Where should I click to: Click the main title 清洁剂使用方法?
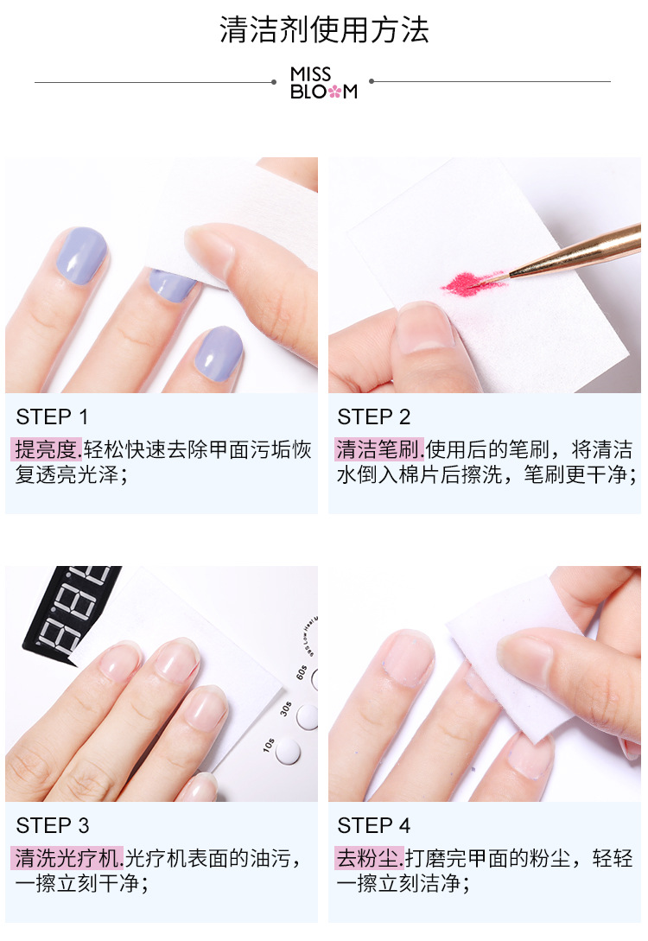(324, 30)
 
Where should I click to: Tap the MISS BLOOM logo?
(324, 83)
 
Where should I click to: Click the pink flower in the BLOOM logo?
(334, 92)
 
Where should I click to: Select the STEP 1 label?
(52, 416)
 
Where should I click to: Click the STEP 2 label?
(374, 416)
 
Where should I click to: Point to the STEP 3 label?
(53, 826)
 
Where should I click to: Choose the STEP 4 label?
(374, 826)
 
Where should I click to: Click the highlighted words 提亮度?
(46, 449)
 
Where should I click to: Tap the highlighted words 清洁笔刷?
(378, 449)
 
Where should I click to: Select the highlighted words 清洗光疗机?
(67, 858)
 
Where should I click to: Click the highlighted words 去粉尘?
(369, 858)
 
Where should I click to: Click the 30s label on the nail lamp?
(286, 709)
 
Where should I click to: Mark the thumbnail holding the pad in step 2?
(425, 327)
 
